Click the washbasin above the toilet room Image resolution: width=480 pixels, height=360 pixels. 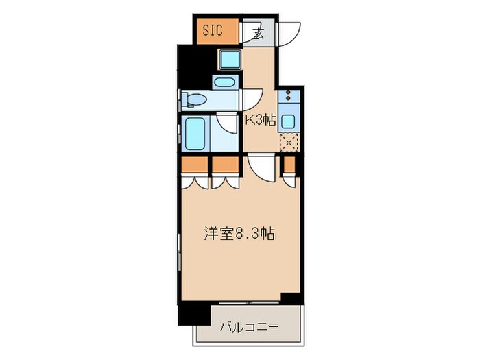point(224,83)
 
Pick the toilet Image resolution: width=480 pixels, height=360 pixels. point(193,101)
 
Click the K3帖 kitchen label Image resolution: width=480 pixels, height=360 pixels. point(261,121)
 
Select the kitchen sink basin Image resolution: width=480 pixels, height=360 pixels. point(289,122)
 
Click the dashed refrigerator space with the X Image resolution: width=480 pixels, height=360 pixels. point(289,143)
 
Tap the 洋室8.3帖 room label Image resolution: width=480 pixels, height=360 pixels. point(239,233)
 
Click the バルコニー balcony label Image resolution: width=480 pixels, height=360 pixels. point(249,327)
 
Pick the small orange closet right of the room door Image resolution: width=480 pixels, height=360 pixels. point(289,165)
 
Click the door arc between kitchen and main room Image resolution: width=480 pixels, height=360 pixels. point(261,168)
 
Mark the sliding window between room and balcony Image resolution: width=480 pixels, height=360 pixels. point(250,302)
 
